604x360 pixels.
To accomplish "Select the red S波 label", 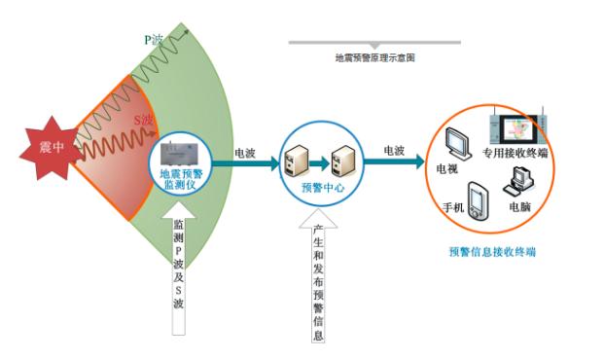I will tap(143, 120).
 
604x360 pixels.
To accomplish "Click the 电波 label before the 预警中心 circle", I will tap(245, 153).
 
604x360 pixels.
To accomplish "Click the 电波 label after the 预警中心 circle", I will tap(395, 151).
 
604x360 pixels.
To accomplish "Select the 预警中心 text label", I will tap(322, 186).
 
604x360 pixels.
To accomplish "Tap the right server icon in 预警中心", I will tap(340, 154).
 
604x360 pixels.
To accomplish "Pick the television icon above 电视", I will tap(458, 144).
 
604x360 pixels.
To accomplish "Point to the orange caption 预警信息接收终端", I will tap(493, 252).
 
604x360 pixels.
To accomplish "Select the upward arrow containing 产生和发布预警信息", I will tap(319, 278).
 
